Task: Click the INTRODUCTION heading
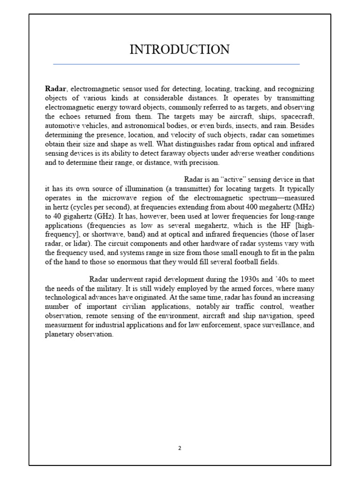pos(180,49)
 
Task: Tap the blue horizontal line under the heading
pos(176,64)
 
